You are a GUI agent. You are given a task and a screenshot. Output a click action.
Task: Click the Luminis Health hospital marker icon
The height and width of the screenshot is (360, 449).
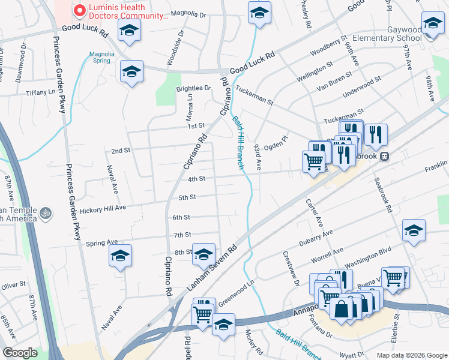tap(79, 11)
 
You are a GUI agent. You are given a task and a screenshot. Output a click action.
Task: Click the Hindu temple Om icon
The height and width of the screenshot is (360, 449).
tap(45, 212)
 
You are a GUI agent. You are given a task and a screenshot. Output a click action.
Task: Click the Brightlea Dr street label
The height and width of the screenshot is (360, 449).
tap(193, 88)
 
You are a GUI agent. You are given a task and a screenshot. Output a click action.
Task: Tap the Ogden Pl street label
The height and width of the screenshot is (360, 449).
tap(276, 143)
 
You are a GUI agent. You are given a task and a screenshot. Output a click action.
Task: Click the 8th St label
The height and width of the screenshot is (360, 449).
tap(182, 253)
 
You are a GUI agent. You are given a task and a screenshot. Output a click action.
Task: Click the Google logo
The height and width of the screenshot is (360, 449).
tap(20, 353)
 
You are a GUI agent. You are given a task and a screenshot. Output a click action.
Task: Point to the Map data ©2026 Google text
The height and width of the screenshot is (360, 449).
tap(411, 355)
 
